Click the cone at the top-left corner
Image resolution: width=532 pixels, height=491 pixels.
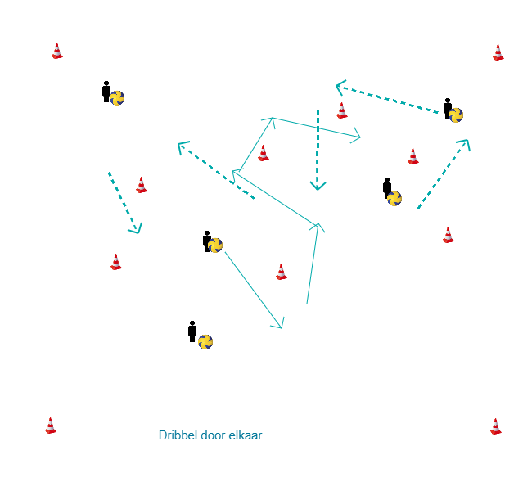click(x=57, y=51)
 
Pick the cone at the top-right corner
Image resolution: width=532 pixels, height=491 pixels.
click(x=498, y=52)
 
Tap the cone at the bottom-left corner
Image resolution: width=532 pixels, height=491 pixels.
click(x=51, y=426)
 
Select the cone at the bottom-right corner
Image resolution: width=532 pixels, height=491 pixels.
click(x=496, y=426)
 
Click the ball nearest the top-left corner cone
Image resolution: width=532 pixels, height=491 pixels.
click(x=117, y=98)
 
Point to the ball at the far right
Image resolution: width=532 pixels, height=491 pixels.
click(x=456, y=115)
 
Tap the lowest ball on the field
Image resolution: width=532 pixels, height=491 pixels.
click(x=205, y=341)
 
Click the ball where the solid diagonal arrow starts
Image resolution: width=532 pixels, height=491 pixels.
click(x=215, y=245)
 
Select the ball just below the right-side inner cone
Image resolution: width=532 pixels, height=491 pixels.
click(x=394, y=198)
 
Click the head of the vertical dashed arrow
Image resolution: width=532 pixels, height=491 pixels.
click(x=318, y=187)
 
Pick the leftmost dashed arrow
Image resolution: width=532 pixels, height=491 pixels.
click(x=124, y=202)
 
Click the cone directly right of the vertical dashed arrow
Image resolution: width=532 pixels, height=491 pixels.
click(x=342, y=110)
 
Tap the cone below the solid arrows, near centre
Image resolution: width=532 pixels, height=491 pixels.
click(x=282, y=272)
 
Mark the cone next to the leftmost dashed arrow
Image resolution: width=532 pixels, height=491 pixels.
click(x=142, y=185)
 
